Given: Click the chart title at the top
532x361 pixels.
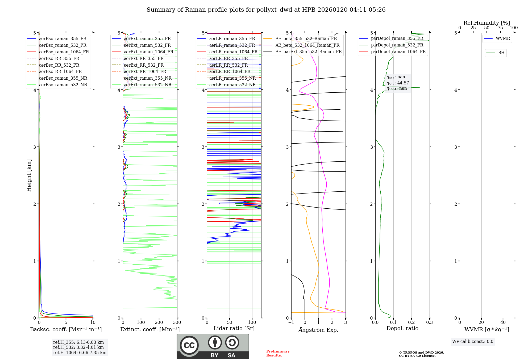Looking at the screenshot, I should (x=266, y=10).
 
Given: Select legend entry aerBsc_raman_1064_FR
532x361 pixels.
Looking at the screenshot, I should (x=64, y=52).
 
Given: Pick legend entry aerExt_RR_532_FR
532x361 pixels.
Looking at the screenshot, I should (x=144, y=65).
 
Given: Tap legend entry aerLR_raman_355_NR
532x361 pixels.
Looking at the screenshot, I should (x=232, y=78).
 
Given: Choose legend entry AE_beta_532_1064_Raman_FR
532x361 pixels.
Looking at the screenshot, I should (x=307, y=45).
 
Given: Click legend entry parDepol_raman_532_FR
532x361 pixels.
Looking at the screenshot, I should (x=397, y=45).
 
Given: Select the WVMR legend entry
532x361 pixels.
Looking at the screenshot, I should (x=503, y=38).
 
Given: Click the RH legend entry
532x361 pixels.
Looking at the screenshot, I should (x=501, y=53).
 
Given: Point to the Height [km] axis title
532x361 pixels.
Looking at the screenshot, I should (x=29, y=175).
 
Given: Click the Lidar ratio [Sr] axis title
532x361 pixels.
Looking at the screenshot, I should (x=234, y=328).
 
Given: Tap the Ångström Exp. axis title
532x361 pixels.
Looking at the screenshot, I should (x=318, y=330).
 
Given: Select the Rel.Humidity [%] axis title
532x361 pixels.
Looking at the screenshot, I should (x=487, y=23).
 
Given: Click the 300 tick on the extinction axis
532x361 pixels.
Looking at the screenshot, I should (x=177, y=323).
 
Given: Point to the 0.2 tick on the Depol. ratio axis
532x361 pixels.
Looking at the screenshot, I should (x=412, y=323).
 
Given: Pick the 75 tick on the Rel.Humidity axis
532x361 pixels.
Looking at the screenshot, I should (x=500, y=28).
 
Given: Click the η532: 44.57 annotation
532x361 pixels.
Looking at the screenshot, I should (x=398, y=83).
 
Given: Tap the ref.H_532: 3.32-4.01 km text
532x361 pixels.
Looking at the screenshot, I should (x=78, y=347).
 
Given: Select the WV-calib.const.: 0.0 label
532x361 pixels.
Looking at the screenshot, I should (x=473, y=342).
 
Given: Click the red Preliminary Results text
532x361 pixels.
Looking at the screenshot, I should (x=278, y=353).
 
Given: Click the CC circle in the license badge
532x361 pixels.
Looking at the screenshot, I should (x=189, y=345).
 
